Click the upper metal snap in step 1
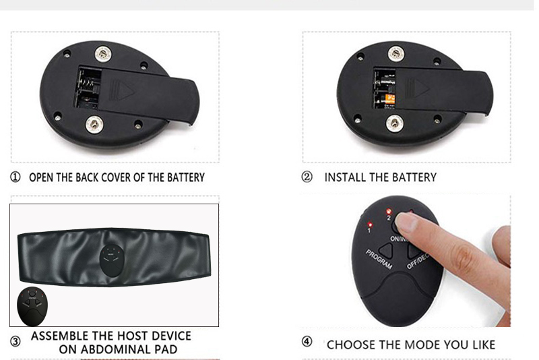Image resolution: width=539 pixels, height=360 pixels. (103, 52)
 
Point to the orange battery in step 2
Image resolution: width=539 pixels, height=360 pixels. (389, 101)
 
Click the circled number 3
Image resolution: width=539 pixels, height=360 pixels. (15, 341)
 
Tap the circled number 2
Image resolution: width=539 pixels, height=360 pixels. (308, 177)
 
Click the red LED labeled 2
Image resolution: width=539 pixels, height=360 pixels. (387, 210)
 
